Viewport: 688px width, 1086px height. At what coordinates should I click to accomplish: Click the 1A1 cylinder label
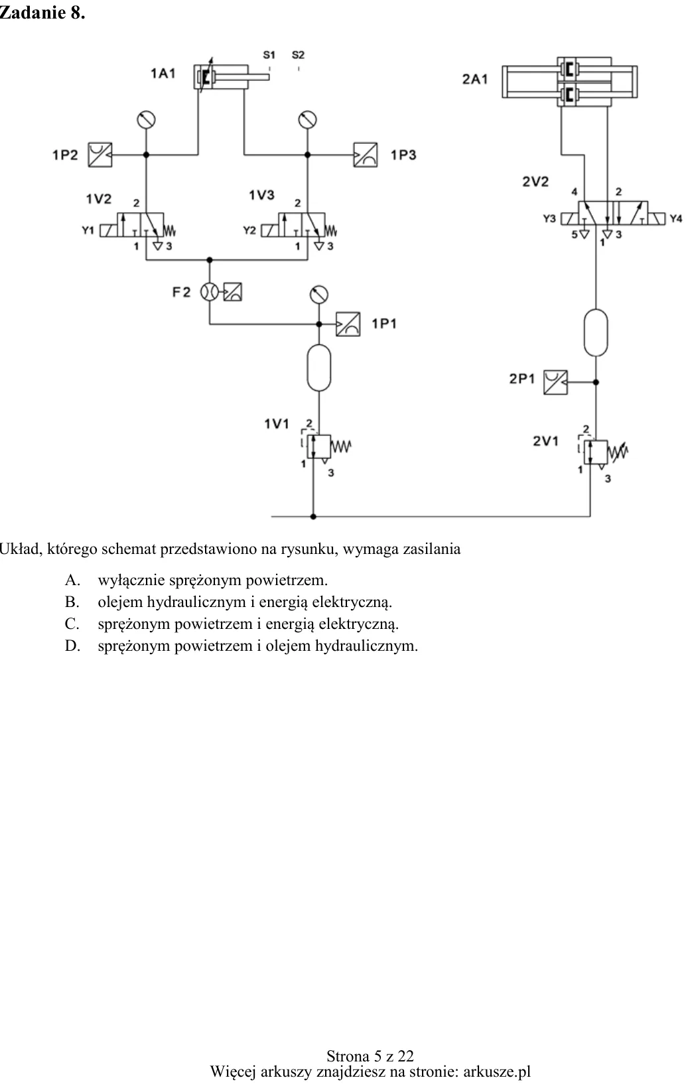click(163, 74)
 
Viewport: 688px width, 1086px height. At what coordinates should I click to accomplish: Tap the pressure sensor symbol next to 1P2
click(100, 155)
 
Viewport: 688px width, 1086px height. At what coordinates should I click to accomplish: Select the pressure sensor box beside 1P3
click(366, 155)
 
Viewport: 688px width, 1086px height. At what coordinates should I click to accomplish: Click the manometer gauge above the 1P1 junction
click(318, 295)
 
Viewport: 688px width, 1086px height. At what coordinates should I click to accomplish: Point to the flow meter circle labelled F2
click(210, 292)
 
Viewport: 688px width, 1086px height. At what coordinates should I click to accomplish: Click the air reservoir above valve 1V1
click(319, 368)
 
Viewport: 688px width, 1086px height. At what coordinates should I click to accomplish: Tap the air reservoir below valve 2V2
click(596, 332)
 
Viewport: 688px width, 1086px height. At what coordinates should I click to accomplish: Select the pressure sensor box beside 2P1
click(555, 382)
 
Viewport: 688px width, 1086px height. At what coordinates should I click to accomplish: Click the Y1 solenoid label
click(88, 230)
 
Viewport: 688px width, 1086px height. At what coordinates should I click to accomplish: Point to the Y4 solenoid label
click(676, 219)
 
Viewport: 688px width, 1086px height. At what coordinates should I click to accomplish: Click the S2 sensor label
click(298, 55)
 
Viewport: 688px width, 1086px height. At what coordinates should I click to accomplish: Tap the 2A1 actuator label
click(475, 79)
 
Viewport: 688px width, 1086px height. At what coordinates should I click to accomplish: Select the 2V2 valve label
click(535, 182)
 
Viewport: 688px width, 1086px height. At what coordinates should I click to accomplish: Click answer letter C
click(72, 624)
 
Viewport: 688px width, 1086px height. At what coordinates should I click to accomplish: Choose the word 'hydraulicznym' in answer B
click(196, 602)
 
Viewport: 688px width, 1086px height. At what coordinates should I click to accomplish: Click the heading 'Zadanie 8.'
click(42, 13)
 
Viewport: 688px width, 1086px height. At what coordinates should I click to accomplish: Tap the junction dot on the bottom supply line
click(313, 517)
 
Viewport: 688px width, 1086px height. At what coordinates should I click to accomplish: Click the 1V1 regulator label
click(277, 424)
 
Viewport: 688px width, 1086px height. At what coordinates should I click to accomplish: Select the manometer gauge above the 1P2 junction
click(146, 119)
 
